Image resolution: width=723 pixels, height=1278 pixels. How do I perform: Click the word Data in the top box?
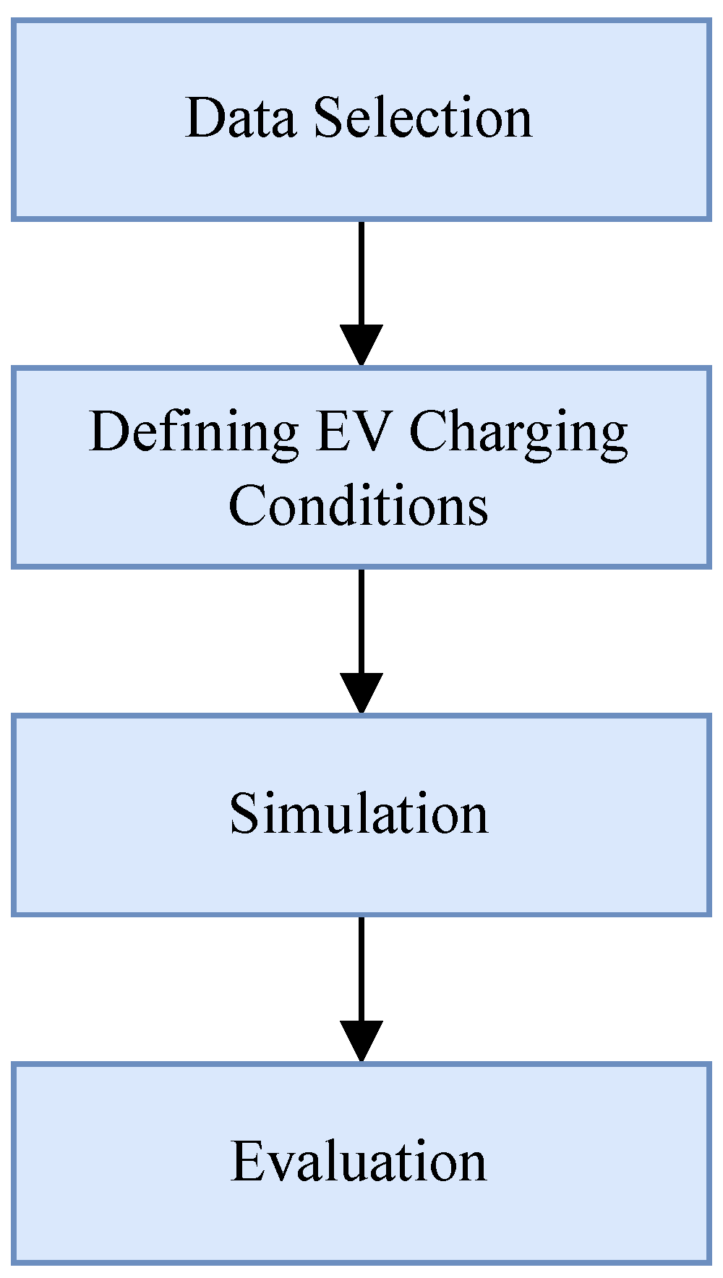(240, 117)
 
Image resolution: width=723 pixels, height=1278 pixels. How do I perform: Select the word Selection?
(423, 117)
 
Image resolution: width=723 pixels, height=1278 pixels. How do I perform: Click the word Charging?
(518, 434)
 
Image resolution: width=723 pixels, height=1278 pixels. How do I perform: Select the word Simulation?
(359, 813)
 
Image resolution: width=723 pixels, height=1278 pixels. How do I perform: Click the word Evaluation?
(359, 1162)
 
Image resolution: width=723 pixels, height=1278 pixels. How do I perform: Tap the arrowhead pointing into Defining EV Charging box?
(361, 346)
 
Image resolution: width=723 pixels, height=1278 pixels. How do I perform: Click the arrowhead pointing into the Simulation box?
(361, 693)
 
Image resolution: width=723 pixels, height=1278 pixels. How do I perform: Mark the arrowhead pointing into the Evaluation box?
(361, 1041)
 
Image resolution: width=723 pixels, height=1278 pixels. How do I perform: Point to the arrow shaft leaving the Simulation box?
(361, 969)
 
